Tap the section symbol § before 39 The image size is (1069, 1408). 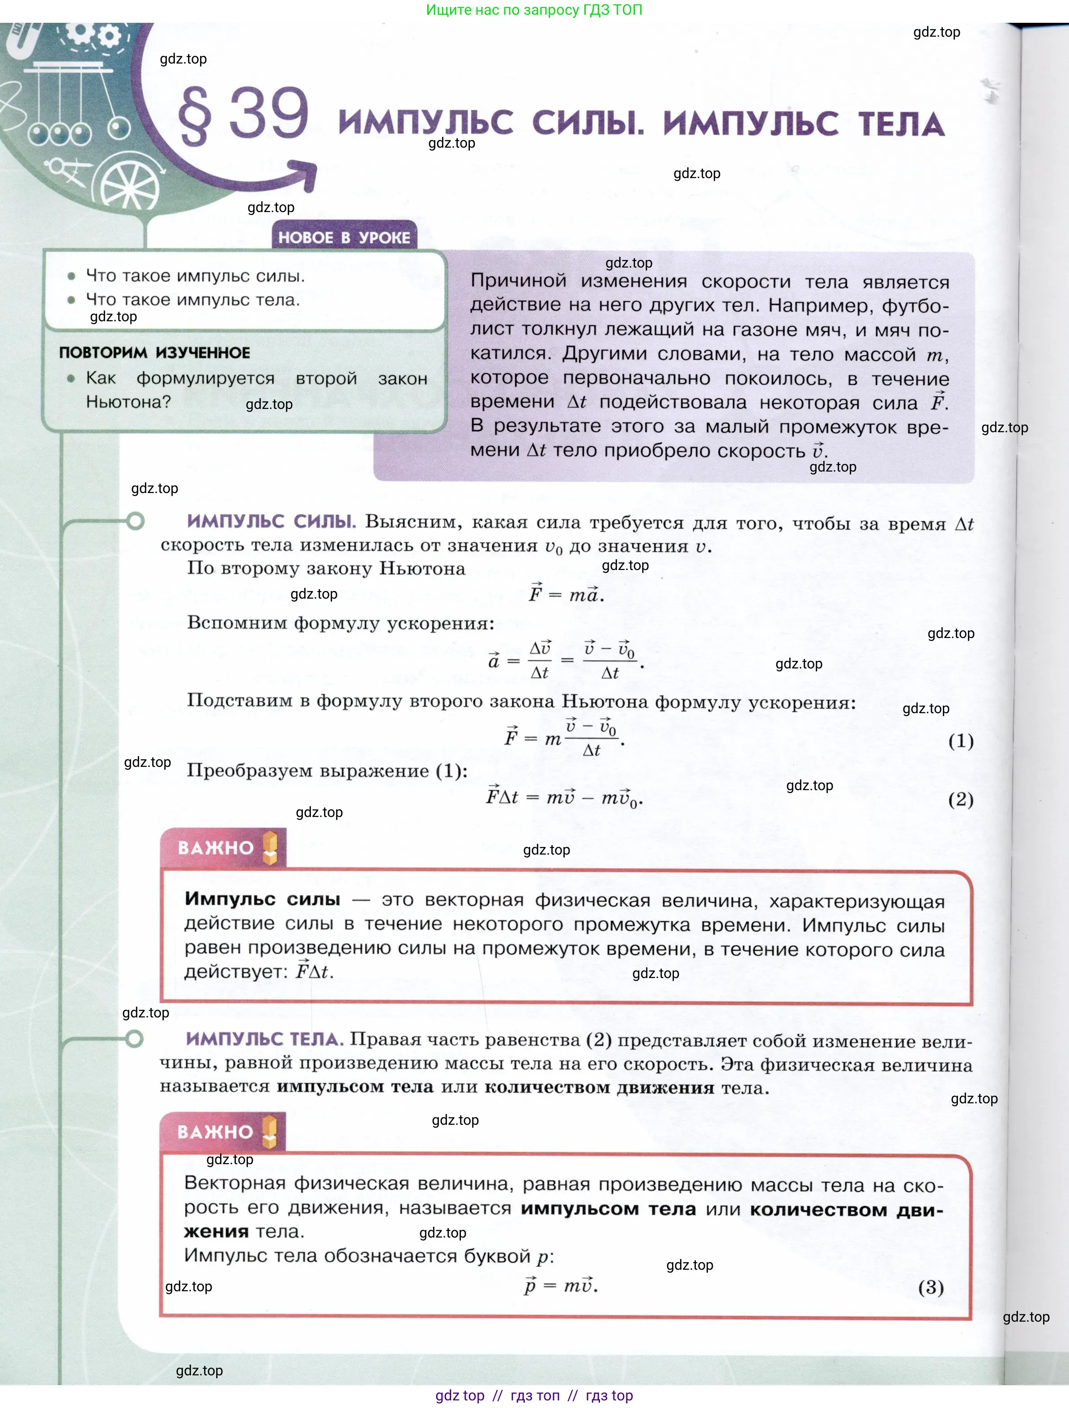194,116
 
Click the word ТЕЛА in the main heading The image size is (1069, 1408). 900,123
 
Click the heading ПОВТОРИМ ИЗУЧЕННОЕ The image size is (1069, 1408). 155,353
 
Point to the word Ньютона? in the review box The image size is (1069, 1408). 128,402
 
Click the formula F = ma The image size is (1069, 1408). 566,594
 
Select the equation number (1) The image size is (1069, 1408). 960,740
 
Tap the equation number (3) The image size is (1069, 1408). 930,1287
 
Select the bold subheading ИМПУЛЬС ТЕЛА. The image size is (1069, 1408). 264,1039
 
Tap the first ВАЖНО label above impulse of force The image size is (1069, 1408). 215,848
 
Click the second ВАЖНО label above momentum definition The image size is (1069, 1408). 215,1132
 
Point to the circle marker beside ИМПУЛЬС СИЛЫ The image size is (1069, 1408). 135,521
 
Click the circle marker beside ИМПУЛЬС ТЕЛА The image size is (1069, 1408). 134,1039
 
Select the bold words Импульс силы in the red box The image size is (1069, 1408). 262,899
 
